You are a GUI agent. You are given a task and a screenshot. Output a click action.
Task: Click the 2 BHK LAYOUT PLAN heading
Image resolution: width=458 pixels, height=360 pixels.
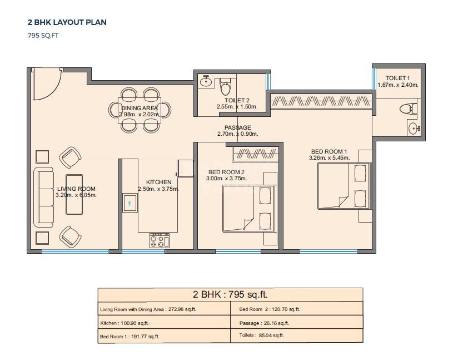pos(67,22)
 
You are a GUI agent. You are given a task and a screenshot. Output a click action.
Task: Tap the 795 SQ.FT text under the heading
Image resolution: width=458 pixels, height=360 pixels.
pos(43,35)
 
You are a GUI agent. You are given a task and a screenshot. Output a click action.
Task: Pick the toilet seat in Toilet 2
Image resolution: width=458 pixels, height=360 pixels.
pos(225,87)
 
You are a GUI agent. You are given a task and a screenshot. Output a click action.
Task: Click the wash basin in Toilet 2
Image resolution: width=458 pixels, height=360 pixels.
pos(205,82)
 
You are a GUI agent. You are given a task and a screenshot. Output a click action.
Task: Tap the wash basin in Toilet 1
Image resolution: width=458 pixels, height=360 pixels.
pos(413,129)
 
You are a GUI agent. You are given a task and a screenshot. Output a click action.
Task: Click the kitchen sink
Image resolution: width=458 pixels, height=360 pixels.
pos(130,203)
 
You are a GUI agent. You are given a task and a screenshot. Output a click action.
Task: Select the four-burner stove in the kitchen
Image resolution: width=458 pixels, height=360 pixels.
pos(159,240)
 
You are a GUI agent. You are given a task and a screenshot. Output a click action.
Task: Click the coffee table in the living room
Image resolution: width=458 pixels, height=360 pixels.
pos(74,199)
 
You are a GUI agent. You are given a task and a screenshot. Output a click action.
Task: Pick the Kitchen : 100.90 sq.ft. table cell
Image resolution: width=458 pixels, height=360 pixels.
pos(125,323)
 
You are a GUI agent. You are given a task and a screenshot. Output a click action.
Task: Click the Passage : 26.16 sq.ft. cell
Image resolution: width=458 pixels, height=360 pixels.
pos(264,323)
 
